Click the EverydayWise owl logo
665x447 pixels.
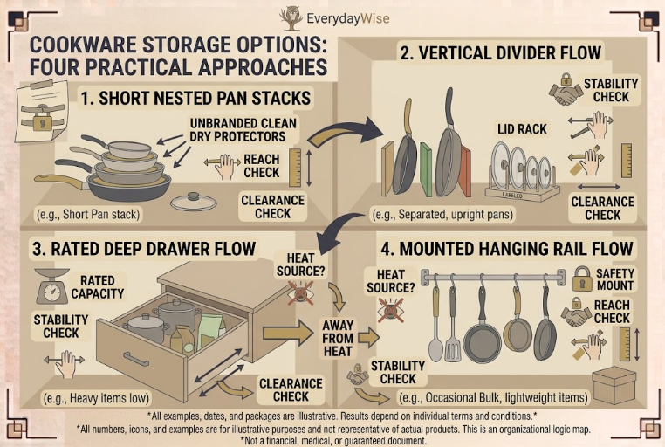[x=291, y=17]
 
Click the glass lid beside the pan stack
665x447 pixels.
[x=194, y=201]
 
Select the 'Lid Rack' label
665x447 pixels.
[x=522, y=129]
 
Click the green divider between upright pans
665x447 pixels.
[x=426, y=169]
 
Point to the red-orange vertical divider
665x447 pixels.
[x=465, y=170]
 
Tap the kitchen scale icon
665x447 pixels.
[x=52, y=285]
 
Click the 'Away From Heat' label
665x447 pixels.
[x=338, y=338]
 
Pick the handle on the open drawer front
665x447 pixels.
[x=136, y=358]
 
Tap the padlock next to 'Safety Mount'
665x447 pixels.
[x=582, y=279]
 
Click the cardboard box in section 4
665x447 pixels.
[x=614, y=385]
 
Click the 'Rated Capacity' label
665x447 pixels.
[x=97, y=287]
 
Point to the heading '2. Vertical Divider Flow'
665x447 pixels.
[x=500, y=53]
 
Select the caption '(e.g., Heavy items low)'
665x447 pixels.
[x=97, y=398]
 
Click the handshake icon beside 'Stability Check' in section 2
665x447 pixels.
[x=566, y=93]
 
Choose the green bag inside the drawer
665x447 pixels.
[x=211, y=332]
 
